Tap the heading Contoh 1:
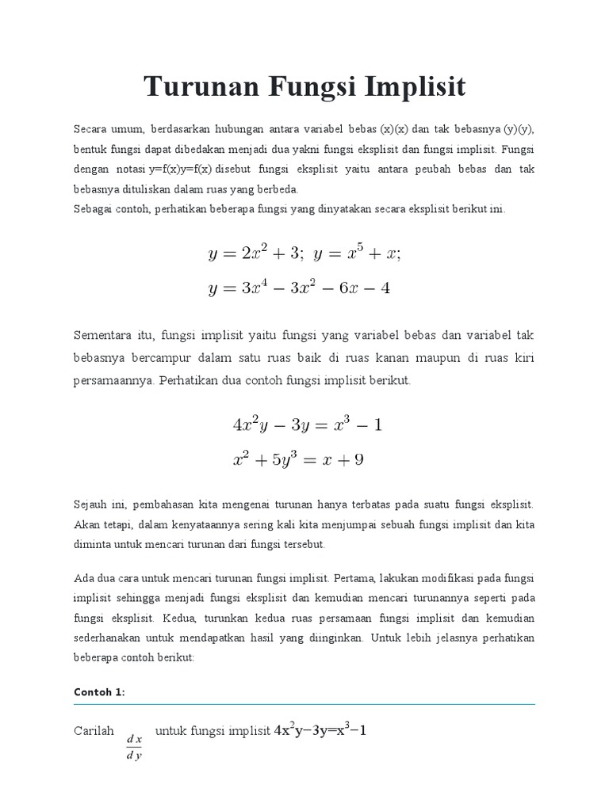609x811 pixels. [x=99, y=691]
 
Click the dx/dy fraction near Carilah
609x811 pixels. [x=134, y=747]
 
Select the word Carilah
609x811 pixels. [x=94, y=731]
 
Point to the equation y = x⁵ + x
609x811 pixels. [x=358, y=254]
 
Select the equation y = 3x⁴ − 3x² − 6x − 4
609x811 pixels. [x=299, y=288]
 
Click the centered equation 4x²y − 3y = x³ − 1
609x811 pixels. [x=307, y=425]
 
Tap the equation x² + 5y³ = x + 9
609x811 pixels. [x=298, y=459]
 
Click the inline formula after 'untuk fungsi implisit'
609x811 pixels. [x=320, y=731]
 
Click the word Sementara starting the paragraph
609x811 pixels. [x=103, y=336]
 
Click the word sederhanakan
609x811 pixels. [x=110, y=638]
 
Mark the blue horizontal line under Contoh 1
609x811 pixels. [x=304, y=704]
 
